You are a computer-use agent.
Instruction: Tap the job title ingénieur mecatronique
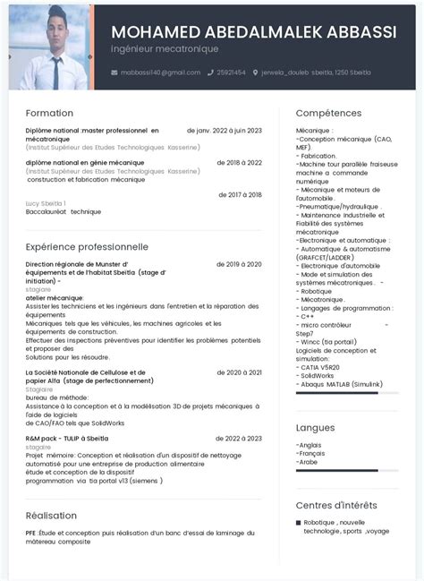(x=165, y=47)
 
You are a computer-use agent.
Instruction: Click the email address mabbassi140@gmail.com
(x=160, y=72)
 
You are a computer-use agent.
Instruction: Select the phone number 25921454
(x=231, y=72)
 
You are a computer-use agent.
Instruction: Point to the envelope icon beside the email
(x=114, y=72)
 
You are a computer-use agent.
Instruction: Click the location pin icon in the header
(x=256, y=72)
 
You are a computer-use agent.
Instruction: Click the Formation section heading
(x=50, y=114)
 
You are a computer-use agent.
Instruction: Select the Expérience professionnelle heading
(x=87, y=245)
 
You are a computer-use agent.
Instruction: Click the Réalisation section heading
(x=52, y=516)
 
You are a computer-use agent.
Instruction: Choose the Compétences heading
(x=328, y=114)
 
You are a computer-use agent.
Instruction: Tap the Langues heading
(x=316, y=428)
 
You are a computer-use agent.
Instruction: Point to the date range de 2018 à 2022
(x=239, y=163)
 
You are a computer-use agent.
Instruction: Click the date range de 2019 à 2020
(x=239, y=265)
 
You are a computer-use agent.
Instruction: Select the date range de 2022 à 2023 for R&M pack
(x=239, y=439)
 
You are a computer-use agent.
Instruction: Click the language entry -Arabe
(x=309, y=462)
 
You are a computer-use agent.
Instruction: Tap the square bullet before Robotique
(x=299, y=523)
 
